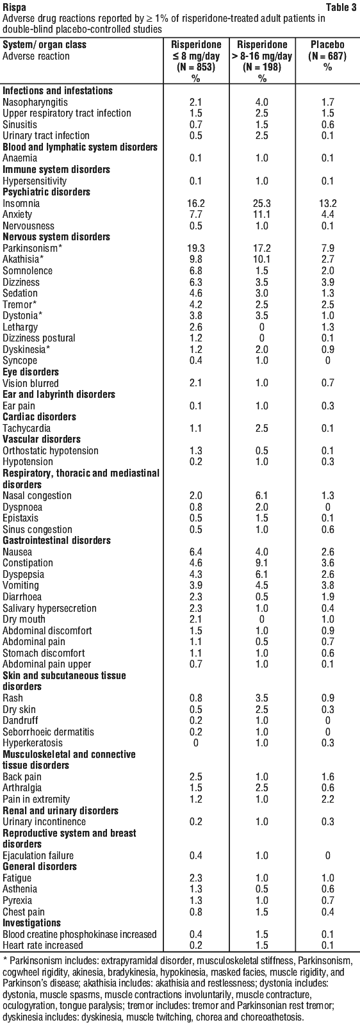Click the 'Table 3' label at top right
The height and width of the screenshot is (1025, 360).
342,8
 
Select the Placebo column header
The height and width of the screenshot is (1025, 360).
327,45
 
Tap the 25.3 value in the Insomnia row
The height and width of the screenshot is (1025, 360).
262,203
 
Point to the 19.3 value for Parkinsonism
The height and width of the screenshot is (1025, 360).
196,248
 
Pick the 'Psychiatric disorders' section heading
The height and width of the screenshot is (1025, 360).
46,192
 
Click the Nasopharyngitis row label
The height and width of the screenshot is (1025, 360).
35,102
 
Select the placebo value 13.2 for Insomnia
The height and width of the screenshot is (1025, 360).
327,203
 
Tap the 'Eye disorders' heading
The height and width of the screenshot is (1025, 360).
31,372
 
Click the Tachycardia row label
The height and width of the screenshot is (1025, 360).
26,429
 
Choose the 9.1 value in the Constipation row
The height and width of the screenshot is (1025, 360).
262,563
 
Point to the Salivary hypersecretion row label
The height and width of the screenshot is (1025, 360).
50,608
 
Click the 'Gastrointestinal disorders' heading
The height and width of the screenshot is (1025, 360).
57,541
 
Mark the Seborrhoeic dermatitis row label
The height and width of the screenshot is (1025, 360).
49,732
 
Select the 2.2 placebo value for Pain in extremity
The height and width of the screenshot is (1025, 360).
327,799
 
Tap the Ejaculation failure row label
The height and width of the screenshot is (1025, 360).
38,855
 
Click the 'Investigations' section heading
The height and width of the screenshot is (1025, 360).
31,922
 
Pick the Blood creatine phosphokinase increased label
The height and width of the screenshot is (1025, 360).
79,934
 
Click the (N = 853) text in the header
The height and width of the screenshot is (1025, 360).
196,67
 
